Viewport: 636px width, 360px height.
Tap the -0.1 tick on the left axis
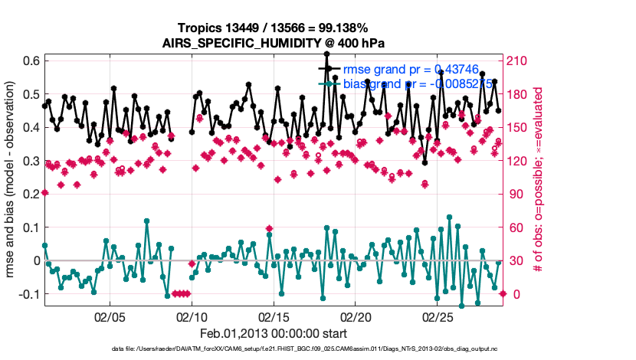point(30,294)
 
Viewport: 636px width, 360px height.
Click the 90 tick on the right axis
point(516,194)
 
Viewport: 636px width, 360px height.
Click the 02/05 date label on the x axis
point(110,316)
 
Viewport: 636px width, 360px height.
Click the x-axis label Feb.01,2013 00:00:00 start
point(274,333)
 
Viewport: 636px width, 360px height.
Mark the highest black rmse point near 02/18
point(326,54)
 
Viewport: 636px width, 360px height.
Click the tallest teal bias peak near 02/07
point(146,221)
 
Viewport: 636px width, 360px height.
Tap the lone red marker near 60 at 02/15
point(269,228)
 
